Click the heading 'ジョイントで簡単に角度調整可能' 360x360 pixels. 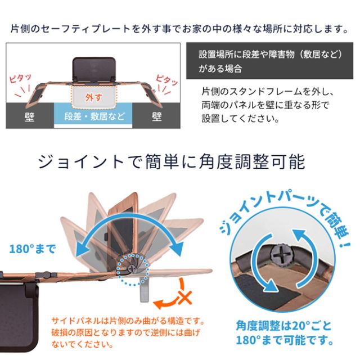(171, 163)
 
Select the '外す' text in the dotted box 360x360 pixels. (94, 97)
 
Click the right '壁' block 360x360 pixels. (157, 117)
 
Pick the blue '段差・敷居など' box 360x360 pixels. (94, 117)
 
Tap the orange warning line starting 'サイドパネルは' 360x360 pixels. (127, 322)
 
